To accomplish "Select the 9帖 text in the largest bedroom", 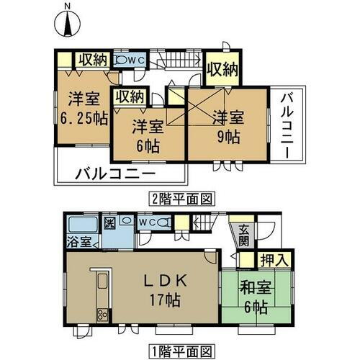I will coord(228,135).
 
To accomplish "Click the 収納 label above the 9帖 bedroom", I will coord(222,70).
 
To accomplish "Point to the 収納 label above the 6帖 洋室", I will coord(130,96).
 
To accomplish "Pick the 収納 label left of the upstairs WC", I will coord(94,59).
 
